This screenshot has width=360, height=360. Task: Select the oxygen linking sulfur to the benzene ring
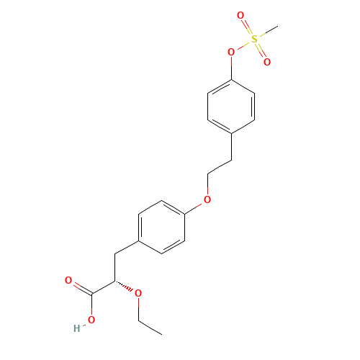coord(231,53)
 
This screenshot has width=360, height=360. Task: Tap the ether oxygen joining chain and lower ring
coord(207,199)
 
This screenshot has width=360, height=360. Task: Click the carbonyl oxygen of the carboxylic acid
coord(68,280)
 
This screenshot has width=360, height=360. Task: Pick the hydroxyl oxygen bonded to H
coord(91,320)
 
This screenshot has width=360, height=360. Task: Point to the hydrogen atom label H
coord(76,329)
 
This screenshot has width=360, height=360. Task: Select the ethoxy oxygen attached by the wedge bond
coord(138,293)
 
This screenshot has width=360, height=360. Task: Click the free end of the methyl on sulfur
coord(277,30)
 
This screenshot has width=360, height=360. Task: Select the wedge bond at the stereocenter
coord(127,287)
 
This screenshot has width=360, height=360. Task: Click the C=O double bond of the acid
coord(80,287)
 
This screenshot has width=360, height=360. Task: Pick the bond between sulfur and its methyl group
coord(266,35)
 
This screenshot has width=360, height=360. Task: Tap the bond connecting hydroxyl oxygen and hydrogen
coord(84,324)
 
